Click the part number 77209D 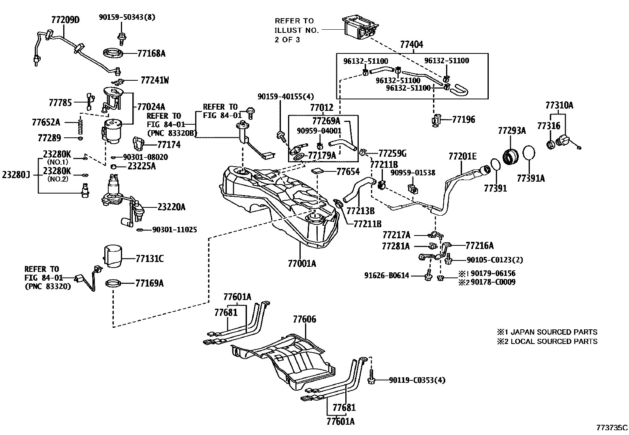click(x=65, y=20)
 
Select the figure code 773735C click(x=612, y=428)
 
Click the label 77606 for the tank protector click(x=304, y=319)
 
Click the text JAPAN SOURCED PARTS click(x=554, y=332)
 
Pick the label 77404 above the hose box click(x=411, y=45)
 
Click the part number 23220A click(x=171, y=207)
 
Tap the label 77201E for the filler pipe click(x=462, y=156)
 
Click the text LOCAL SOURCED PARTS click(x=554, y=342)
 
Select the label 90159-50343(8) click(x=127, y=17)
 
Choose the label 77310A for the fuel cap click(x=559, y=105)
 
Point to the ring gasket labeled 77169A click(x=113, y=284)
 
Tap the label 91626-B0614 click(x=386, y=275)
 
